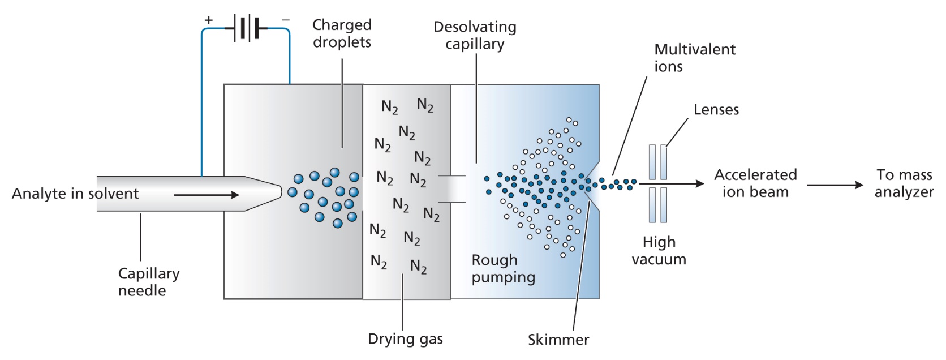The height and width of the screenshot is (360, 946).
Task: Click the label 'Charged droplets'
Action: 342,33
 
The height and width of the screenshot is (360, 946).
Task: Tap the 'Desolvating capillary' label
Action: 475,36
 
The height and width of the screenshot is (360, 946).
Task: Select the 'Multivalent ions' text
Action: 694,58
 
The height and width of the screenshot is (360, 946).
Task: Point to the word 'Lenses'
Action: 716,110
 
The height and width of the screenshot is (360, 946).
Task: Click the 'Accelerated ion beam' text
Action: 755,183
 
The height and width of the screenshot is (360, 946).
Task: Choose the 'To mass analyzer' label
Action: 904,183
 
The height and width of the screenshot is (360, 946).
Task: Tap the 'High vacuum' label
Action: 659,251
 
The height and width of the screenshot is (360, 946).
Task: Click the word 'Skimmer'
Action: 558,340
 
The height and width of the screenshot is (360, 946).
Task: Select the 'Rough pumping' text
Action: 503,268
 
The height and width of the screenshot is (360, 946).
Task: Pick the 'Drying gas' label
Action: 405,339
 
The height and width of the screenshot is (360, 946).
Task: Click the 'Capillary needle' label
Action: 148,282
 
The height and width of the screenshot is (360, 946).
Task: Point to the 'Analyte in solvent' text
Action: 75,194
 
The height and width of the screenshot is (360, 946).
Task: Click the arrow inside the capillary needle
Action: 207,195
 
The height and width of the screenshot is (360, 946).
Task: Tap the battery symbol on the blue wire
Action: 247,27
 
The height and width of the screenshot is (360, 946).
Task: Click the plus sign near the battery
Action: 209,20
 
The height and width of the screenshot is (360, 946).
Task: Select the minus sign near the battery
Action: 286,20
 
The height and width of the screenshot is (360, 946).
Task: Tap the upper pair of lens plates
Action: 657,162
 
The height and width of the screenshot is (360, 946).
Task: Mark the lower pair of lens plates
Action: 657,205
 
